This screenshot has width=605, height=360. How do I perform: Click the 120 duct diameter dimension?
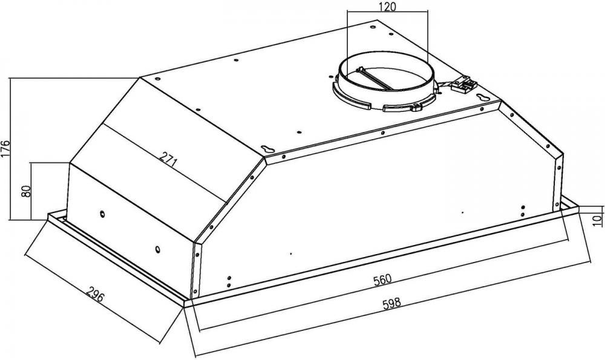coord(387,7)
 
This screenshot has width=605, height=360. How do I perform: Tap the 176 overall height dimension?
coord(5,149)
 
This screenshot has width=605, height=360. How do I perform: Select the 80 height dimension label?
coord(26,191)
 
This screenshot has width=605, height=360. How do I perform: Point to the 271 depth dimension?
coord(168,159)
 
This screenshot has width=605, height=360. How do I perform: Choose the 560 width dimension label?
coord(382,280)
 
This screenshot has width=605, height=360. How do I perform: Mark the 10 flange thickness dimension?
coord(597,220)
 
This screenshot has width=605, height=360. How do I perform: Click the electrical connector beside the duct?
coord(464,85)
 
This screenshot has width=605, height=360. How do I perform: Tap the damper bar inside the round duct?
coord(373,79)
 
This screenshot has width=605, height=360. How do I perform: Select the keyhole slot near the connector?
coord(482,97)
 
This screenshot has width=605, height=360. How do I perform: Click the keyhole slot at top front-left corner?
coord(267,149)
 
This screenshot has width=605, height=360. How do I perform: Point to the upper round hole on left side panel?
coord(102,214)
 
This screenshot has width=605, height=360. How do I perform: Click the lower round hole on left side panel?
coord(158,249)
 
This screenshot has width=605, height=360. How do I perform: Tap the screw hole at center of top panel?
coord(299,133)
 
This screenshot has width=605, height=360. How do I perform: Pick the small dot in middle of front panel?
coord(290,254)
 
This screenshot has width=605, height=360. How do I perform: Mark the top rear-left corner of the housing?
coord(140,77)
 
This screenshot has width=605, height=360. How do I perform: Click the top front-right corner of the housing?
coord(500,102)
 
